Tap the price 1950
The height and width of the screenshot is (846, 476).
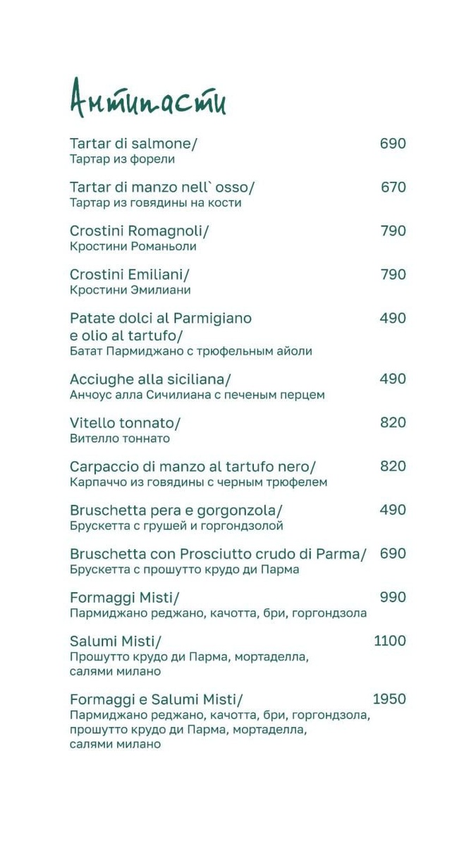(389, 699)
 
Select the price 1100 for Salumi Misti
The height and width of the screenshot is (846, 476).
(389, 641)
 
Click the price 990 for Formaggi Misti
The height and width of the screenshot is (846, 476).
(393, 597)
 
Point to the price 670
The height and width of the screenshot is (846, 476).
(393, 188)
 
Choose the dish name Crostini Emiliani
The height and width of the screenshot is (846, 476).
(130, 275)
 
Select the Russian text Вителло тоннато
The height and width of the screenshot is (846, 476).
(120, 439)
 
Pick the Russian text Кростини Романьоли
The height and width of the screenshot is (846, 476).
(133, 247)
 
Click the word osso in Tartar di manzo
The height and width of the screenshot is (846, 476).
(234, 188)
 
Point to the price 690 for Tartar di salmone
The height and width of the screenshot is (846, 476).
(393, 144)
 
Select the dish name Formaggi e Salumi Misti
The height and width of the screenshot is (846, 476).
(156, 699)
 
